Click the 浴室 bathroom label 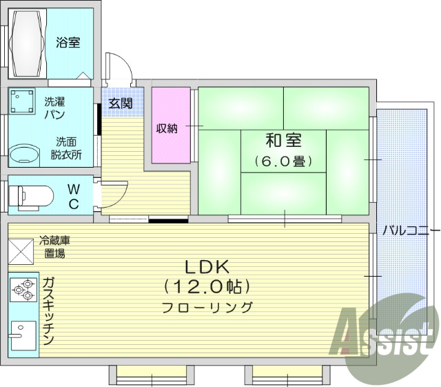coord(68,43)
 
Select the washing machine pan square coord(23,101)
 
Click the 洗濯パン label coord(57,108)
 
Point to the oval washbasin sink coord(25,153)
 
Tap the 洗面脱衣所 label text coord(66,148)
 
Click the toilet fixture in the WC coord(31,196)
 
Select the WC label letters coord(74,195)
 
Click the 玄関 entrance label coord(121,103)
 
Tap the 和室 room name coord(283,141)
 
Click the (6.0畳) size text coord(283,162)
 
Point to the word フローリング coord(207,308)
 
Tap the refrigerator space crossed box coord(21,250)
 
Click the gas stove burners coord(23,290)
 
